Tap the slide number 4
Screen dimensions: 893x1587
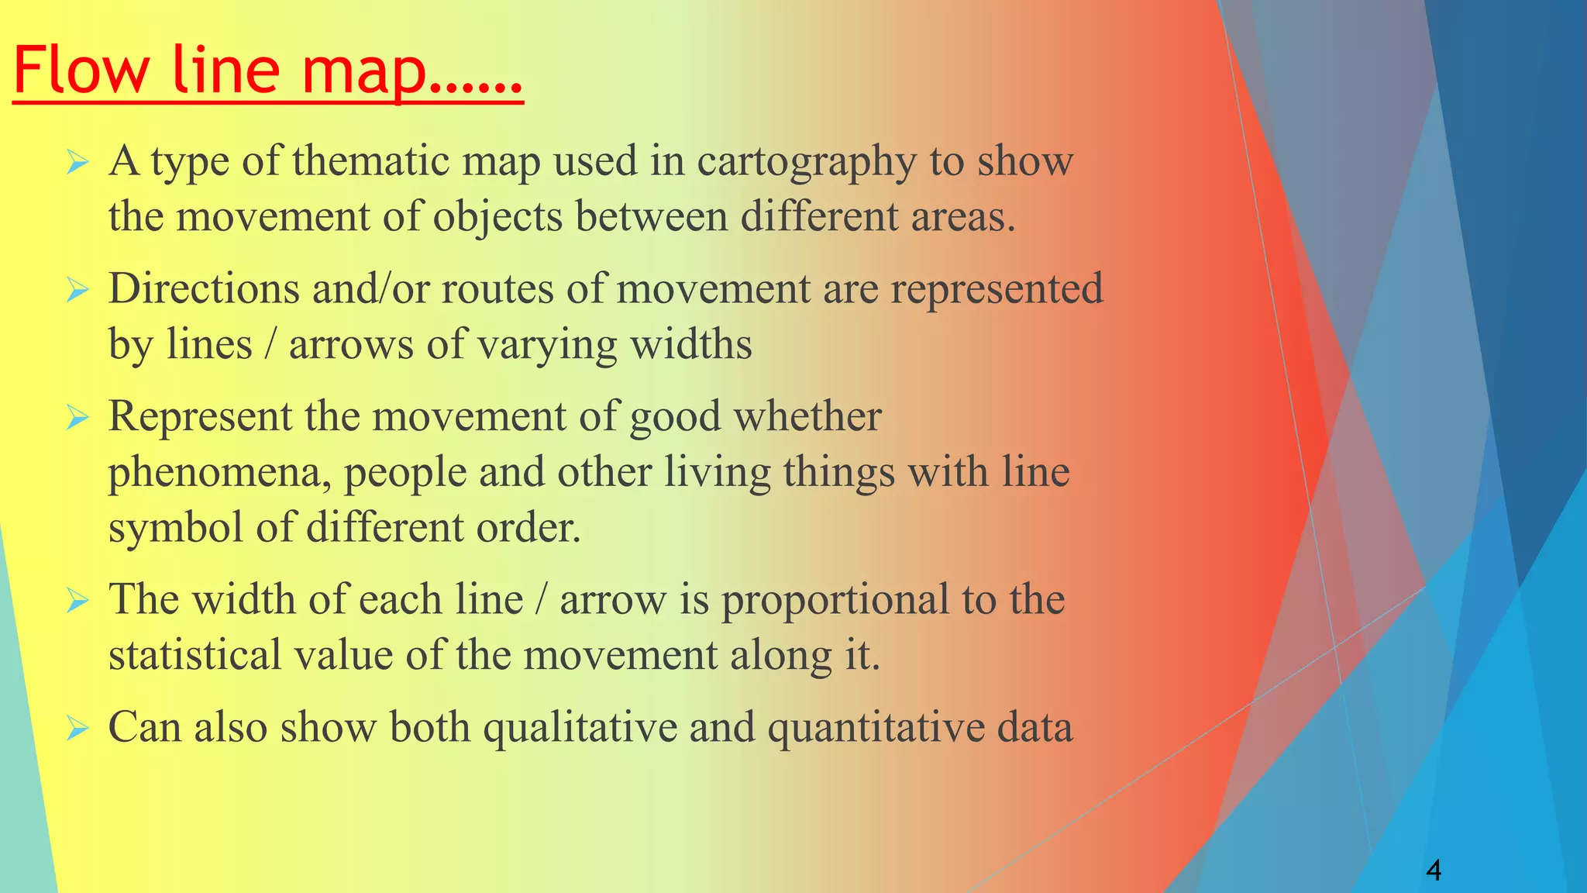pos(1434,871)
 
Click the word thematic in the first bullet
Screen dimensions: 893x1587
pos(371,161)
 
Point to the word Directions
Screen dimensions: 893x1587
pos(204,289)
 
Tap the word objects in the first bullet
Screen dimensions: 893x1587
pos(497,217)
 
